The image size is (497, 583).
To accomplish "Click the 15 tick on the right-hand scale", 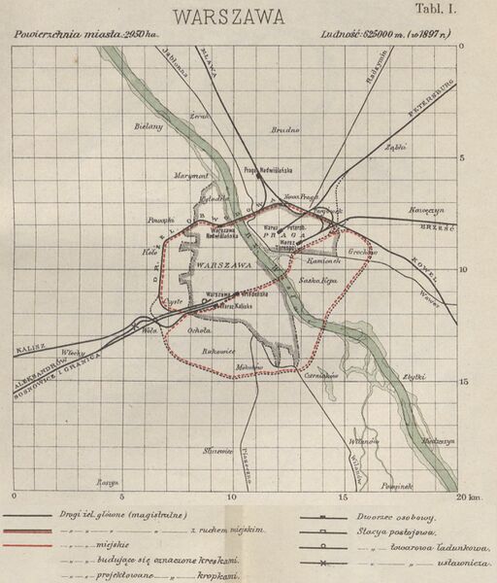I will click(463, 382).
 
